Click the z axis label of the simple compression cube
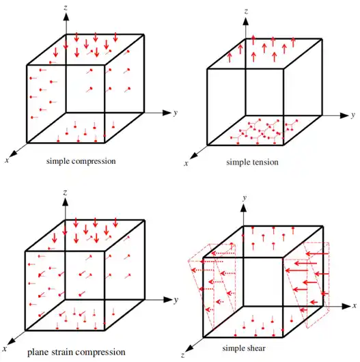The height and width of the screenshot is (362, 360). (x=66, y=8)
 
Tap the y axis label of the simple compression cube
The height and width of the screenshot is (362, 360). (x=176, y=113)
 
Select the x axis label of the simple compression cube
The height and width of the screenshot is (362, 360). (x=7, y=161)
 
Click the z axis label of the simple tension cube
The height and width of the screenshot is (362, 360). (x=247, y=12)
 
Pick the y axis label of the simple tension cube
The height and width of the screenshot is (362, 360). (x=353, y=115)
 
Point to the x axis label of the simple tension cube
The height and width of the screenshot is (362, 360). (x=186, y=164)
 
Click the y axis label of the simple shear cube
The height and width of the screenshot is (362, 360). (x=245, y=198)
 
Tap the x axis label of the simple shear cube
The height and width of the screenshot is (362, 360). (x=355, y=306)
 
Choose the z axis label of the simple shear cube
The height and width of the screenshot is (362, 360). (x=183, y=355)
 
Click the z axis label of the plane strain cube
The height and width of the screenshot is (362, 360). (x=66, y=193)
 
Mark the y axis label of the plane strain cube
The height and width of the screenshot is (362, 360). (x=176, y=300)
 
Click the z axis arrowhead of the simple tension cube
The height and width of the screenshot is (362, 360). (x=246, y=21)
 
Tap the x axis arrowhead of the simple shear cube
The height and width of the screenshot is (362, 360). (x=346, y=307)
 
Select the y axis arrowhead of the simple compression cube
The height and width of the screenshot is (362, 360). (x=167, y=113)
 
